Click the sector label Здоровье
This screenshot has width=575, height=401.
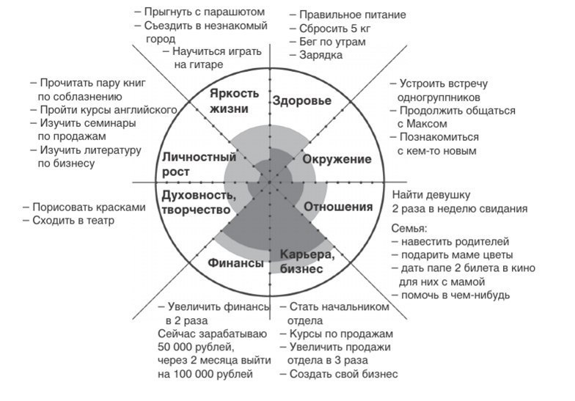pyautogui.click(x=301, y=101)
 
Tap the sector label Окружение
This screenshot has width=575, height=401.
pyautogui.click(x=337, y=159)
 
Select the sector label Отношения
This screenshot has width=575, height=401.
pyautogui.click(x=338, y=207)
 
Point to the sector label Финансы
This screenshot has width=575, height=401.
pyautogui.click(x=235, y=262)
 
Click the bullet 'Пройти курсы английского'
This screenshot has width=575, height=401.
pyautogui.click(x=108, y=110)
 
